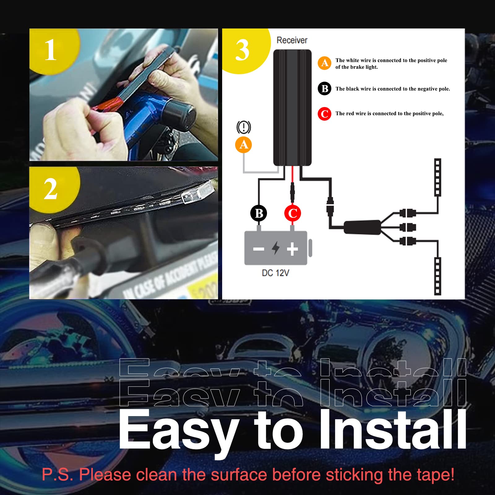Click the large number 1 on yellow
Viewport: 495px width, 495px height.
point(51,50)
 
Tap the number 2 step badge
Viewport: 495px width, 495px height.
point(51,189)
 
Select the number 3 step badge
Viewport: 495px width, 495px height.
point(242,50)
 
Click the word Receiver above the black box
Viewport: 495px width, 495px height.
point(292,40)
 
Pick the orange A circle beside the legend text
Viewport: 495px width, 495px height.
point(325,63)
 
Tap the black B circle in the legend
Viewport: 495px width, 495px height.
point(325,89)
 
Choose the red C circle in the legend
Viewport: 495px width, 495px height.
point(325,114)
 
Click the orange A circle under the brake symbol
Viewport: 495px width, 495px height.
point(243,144)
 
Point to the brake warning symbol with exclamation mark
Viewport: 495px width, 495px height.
point(244,127)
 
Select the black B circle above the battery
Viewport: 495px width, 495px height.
point(259,213)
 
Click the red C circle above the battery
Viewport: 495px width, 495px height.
point(292,213)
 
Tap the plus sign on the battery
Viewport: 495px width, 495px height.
point(292,248)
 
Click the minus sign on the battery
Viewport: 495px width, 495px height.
point(259,249)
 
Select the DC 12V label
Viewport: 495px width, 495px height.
point(275,273)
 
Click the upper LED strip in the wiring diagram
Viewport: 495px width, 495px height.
point(437,177)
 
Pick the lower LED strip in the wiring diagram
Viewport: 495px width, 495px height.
point(437,276)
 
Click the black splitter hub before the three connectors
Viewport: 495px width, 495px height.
point(362,227)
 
